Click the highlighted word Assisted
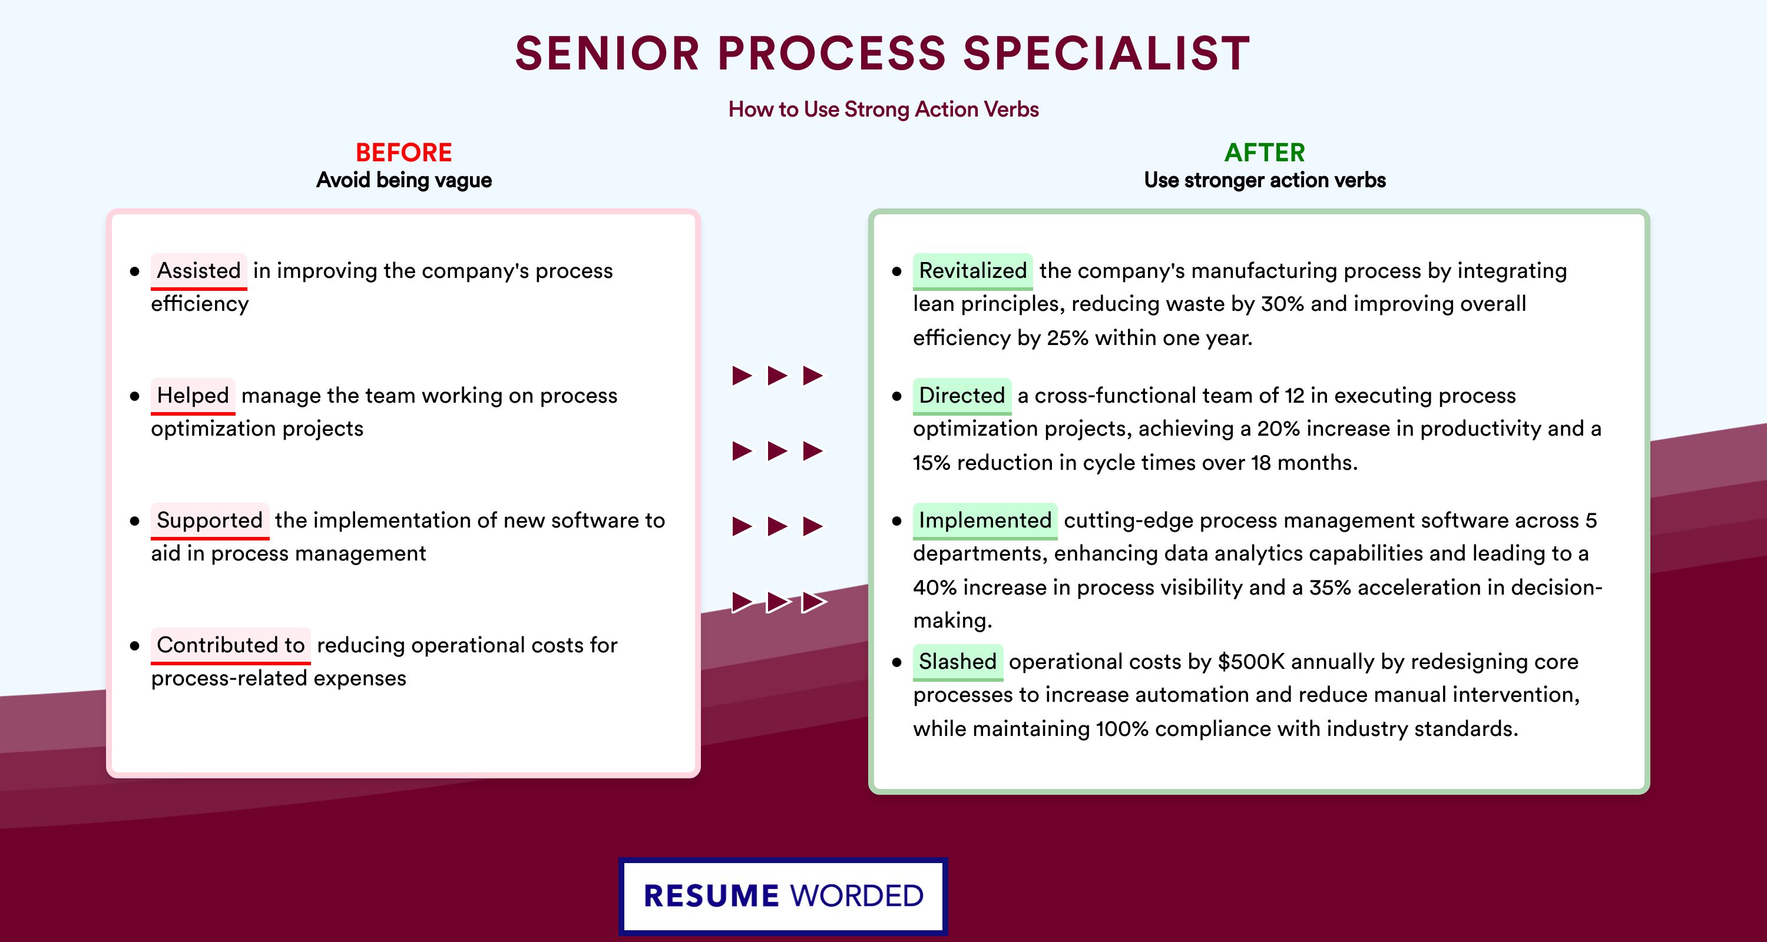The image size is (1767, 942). pyautogui.click(x=199, y=271)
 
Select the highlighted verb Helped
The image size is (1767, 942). pyautogui.click(x=193, y=396)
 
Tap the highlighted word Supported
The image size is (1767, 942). pyautogui.click(x=210, y=520)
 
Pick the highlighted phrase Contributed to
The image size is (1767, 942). pyautogui.click(x=230, y=645)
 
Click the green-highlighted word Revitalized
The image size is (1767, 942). pyautogui.click(x=972, y=271)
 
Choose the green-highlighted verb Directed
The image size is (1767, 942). pyautogui.click(x=962, y=396)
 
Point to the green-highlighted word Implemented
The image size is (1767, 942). pyautogui.click(x=985, y=520)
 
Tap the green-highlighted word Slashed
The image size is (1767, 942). pyautogui.click(x=958, y=662)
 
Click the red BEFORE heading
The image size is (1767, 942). pyautogui.click(x=404, y=152)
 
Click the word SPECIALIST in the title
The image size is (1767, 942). pyautogui.click(x=1106, y=54)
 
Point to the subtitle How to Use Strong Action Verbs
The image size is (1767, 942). pyautogui.click(x=883, y=109)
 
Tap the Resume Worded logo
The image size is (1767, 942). pyautogui.click(x=783, y=896)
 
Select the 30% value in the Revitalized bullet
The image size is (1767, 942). pyautogui.click(x=1282, y=304)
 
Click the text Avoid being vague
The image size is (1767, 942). pyautogui.click(x=404, y=180)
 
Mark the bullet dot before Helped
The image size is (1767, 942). pyautogui.click(x=134, y=396)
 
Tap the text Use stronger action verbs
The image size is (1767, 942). pyautogui.click(x=1265, y=180)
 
